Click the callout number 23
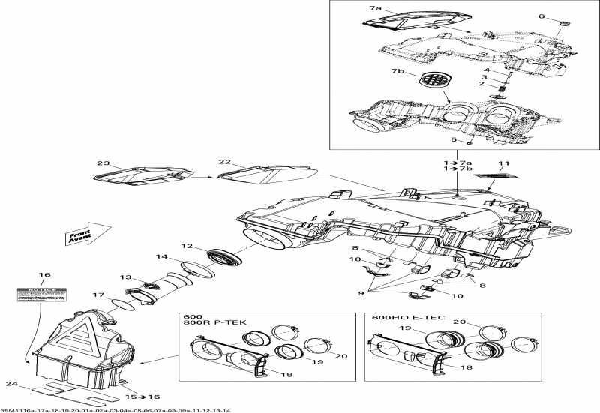click(x=103, y=163)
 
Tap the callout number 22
click(x=223, y=163)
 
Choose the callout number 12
click(x=187, y=246)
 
